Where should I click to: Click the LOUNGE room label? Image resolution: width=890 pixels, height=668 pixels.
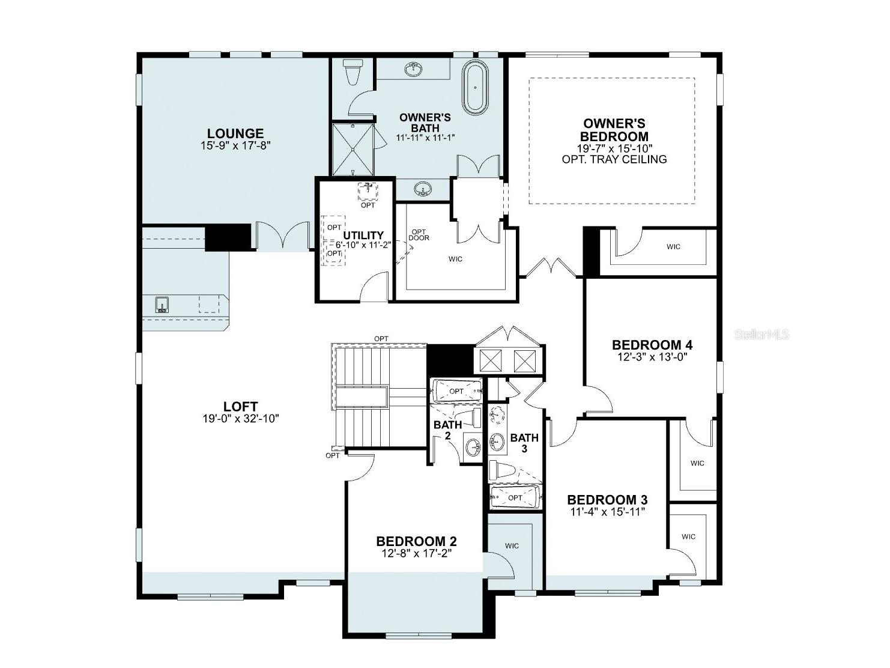point(235,133)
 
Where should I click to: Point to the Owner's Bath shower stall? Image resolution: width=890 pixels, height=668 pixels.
point(353,150)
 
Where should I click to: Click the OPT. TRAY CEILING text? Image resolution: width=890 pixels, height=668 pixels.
point(614,159)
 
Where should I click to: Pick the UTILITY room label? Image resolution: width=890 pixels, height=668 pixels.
point(363,235)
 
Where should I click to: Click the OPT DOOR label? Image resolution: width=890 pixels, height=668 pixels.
point(419,235)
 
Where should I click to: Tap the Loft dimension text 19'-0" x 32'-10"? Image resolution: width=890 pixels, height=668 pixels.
point(241,419)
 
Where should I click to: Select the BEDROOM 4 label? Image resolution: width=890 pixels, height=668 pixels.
point(652,345)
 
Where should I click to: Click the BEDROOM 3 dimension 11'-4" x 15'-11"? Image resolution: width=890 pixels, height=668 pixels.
point(607,512)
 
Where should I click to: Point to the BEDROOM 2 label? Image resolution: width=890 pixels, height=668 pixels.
point(416,541)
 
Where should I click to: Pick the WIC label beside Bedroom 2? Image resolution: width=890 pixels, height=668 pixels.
point(512,546)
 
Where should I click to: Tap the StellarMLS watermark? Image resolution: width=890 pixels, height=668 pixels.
point(761,335)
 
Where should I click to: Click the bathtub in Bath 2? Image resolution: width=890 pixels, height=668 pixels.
point(456,391)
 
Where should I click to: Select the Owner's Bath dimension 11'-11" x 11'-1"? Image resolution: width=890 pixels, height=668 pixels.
point(425,138)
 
